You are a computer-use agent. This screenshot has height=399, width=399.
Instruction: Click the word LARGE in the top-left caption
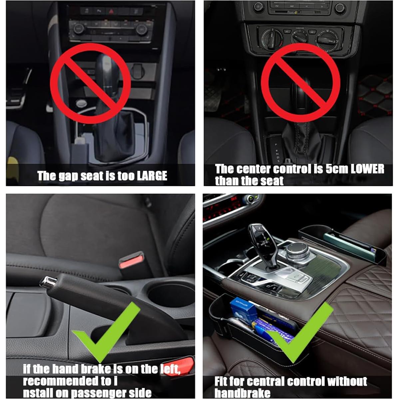(152, 176)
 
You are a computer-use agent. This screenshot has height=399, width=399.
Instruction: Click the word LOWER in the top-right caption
(367, 169)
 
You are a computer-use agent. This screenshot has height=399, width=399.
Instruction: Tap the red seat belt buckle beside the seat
(131, 261)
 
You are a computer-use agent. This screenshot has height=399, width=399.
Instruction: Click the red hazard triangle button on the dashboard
(118, 11)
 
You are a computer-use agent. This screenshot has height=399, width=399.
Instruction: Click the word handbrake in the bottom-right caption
(242, 392)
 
